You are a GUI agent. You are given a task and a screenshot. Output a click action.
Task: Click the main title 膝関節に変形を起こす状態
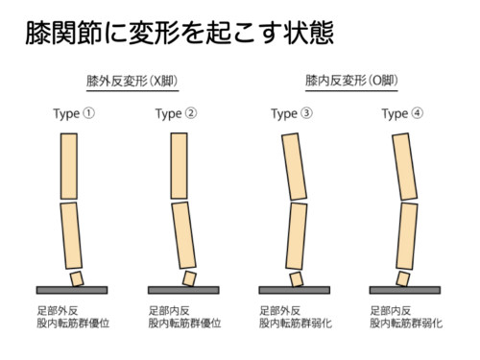(180, 33)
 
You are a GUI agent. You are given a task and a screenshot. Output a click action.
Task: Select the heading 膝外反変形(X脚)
(132, 81)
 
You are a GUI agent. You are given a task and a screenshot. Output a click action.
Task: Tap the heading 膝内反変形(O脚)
(351, 81)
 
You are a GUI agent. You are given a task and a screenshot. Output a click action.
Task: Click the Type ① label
(74, 114)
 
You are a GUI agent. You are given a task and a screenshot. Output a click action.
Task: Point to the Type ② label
(176, 114)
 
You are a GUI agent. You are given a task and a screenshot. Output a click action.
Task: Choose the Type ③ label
(292, 114)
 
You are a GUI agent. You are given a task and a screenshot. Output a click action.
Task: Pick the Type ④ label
(402, 114)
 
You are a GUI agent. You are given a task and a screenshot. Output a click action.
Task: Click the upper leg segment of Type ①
(69, 166)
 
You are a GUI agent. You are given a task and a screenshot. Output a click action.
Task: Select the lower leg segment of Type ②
(183, 235)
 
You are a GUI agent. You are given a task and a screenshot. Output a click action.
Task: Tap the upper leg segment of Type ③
(294, 167)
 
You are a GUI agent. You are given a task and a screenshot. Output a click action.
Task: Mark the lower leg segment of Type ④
(407, 236)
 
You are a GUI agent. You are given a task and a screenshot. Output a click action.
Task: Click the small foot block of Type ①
(77, 278)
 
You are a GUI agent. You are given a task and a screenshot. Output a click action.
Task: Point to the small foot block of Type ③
(296, 279)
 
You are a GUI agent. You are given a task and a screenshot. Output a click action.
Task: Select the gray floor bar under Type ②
(183, 290)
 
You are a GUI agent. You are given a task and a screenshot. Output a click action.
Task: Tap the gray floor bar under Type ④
(405, 290)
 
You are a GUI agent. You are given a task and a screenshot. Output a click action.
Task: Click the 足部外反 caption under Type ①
(58, 310)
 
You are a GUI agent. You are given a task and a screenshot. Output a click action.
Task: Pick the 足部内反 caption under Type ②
(169, 310)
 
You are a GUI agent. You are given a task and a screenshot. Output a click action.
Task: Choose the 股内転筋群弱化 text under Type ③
(296, 324)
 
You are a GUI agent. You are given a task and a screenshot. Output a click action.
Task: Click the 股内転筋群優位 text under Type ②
(184, 324)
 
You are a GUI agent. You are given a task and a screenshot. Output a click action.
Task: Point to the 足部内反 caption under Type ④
(391, 310)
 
